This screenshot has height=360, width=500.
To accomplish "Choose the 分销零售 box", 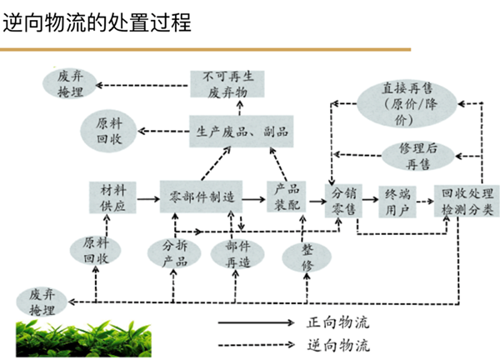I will coord(342,199).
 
